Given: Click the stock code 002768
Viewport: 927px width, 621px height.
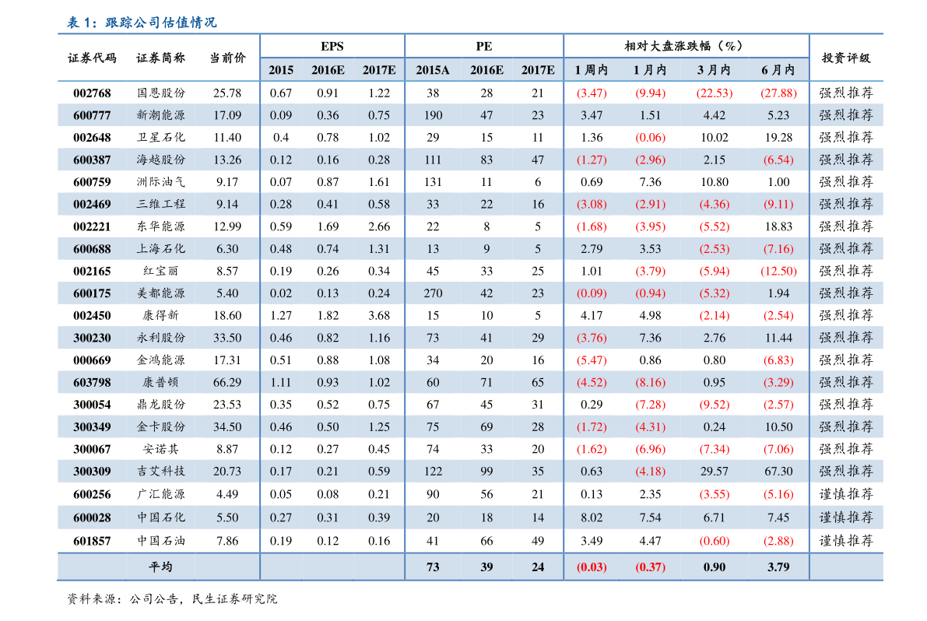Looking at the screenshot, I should [92, 93].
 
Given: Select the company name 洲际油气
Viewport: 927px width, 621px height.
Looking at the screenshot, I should [161, 182].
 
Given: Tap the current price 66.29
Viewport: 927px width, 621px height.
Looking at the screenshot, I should [226, 383].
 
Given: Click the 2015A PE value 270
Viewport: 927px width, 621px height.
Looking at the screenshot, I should [433, 293].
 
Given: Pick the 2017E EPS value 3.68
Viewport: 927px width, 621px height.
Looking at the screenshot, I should [379, 316].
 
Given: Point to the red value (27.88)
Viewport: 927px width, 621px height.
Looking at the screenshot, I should [778, 93].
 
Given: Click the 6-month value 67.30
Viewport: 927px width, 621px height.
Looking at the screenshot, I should [778, 472].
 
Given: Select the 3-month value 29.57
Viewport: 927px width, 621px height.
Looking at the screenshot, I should [714, 472].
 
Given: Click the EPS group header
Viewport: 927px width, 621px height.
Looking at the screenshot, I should [332, 47].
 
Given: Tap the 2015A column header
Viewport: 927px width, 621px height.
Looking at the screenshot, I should [433, 70].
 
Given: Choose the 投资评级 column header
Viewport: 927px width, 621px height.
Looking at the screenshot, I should [846, 58].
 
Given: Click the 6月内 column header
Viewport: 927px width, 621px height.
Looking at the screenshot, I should [778, 70].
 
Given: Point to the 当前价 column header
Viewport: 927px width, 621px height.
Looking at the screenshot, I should [226, 58].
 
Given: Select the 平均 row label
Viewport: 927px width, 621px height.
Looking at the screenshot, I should [161, 567].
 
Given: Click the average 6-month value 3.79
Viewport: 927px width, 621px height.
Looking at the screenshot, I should [778, 567].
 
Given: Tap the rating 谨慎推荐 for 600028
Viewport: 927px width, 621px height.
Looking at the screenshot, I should [846, 517].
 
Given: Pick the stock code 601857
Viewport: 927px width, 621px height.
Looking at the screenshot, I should [92, 539].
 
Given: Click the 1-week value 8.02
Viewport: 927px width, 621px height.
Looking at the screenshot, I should [592, 517].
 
